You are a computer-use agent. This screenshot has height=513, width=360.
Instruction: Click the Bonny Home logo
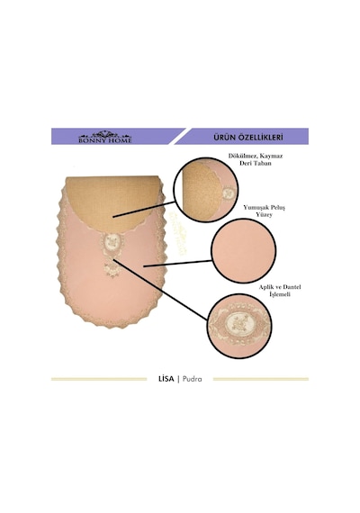click(x=105, y=137)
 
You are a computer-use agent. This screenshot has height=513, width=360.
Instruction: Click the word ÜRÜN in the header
click(x=226, y=137)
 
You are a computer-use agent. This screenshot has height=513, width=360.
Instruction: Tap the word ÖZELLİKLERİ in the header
click(x=262, y=137)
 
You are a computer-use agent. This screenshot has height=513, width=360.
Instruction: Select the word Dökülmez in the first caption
click(x=242, y=156)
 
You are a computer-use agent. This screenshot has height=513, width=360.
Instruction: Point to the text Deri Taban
click(x=256, y=163)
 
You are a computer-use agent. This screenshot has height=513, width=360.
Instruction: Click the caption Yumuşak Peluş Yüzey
click(x=264, y=211)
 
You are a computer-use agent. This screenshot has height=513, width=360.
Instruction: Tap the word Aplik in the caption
click(x=266, y=287)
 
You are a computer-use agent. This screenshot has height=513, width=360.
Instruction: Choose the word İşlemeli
click(x=280, y=294)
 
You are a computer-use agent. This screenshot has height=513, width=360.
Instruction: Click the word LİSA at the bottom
click(x=166, y=379)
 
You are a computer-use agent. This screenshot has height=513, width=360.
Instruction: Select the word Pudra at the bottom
click(x=192, y=379)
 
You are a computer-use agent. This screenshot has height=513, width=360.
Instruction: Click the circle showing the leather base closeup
click(x=206, y=190)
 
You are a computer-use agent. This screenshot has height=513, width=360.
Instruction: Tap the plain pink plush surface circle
click(x=244, y=251)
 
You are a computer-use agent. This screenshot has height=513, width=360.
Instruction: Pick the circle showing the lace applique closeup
click(x=239, y=326)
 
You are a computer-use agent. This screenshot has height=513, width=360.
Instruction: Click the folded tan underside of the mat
click(x=112, y=202)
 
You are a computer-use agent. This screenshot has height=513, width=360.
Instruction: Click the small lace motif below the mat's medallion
click(x=112, y=269)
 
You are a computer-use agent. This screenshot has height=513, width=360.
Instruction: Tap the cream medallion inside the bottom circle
click(x=238, y=323)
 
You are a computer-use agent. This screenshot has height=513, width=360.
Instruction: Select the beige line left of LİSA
click(x=99, y=379)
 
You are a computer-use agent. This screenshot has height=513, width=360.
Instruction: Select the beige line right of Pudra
click(x=261, y=379)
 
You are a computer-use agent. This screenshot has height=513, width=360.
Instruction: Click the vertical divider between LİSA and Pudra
click(x=178, y=380)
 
